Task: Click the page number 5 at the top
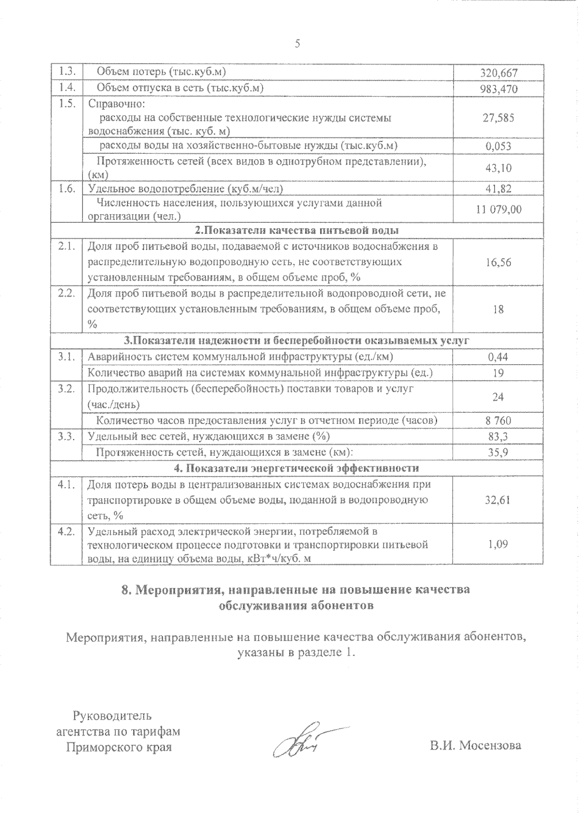pos(297,44)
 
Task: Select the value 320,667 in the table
pos(498,73)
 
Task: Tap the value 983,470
pos(498,89)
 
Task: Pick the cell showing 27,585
pos(498,118)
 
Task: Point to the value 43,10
pos(498,168)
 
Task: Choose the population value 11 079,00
pos(498,209)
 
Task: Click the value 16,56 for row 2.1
pos(498,262)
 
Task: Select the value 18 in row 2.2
pos(498,309)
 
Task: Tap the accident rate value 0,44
pos(498,357)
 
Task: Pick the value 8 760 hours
pos(498,421)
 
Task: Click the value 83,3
pos(498,437)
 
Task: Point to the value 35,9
pos(498,452)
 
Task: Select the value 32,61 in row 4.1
pos(498,500)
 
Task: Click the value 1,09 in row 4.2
pos(498,545)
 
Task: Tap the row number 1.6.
pos(67,189)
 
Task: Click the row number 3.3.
pos(67,437)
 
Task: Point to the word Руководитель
pos(112,715)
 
